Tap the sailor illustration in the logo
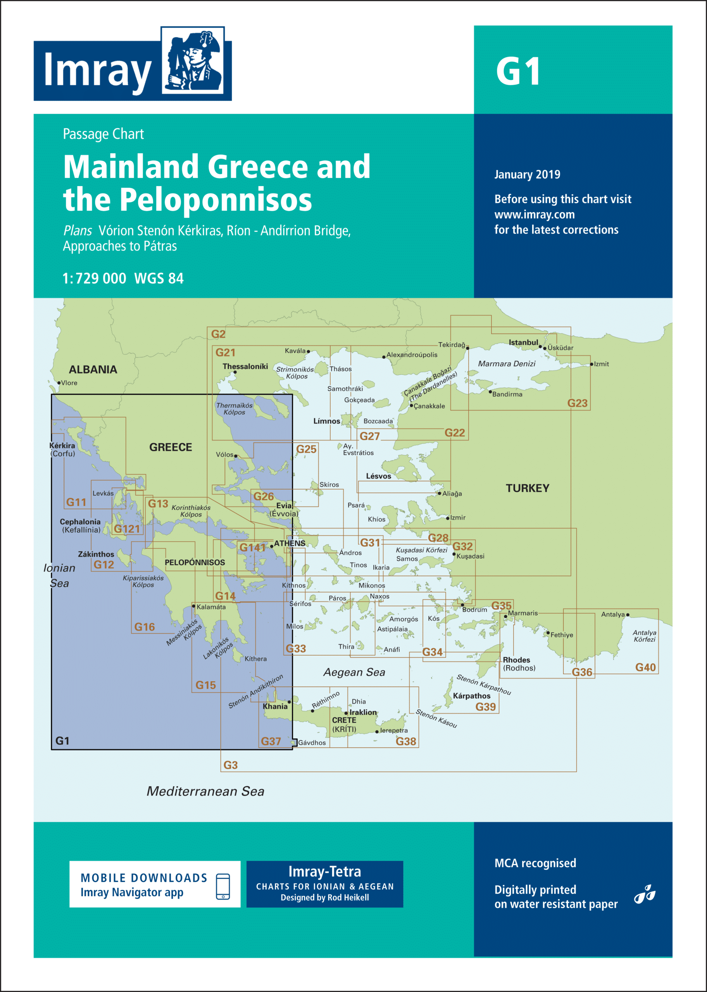(x=193, y=60)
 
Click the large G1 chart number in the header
(x=518, y=71)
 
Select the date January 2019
(x=527, y=174)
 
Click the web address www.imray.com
(x=534, y=215)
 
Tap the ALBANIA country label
(x=93, y=369)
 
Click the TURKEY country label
(x=527, y=488)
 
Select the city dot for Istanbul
(x=540, y=347)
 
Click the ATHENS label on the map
(x=290, y=543)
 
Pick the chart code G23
(x=577, y=403)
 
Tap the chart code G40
(x=645, y=667)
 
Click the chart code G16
(x=144, y=627)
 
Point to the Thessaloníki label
(x=245, y=366)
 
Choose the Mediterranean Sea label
(x=205, y=791)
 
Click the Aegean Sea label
(x=354, y=672)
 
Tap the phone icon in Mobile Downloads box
(x=223, y=886)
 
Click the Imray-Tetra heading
(x=324, y=871)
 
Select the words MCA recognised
(x=535, y=863)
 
